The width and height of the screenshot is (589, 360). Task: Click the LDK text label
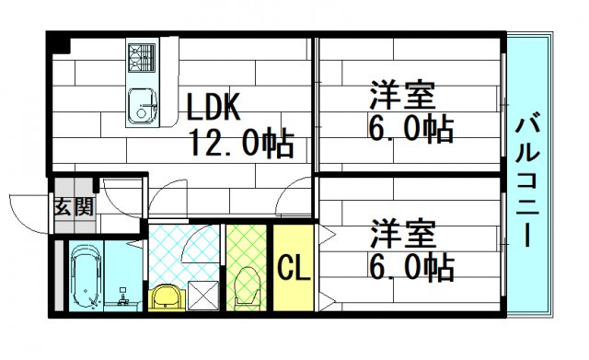(214, 109)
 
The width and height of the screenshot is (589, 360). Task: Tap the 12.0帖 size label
(241, 143)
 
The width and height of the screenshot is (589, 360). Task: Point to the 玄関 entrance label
(73, 205)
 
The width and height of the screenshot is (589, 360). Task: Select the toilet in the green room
(247, 286)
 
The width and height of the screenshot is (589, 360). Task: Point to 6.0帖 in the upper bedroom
(411, 130)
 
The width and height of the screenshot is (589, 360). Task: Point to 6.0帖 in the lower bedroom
(411, 266)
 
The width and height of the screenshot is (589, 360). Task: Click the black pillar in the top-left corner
(59, 43)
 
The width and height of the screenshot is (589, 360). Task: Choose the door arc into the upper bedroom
(295, 193)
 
